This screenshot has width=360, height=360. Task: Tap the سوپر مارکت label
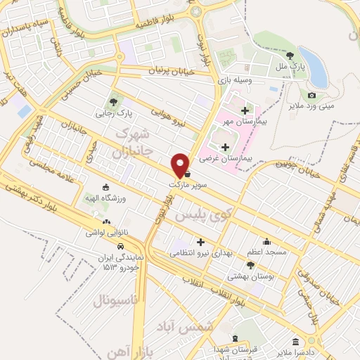pyautogui.click(x=185, y=184)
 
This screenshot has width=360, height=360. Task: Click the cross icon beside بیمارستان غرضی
pyautogui.click(x=225, y=147)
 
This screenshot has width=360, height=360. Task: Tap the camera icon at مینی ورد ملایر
pyautogui.click(x=311, y=95)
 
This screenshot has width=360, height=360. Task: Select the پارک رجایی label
pyautogui.click(x=114, y=112)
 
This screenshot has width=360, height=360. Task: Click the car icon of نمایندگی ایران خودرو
pyautogui.click(x=122, y=247)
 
